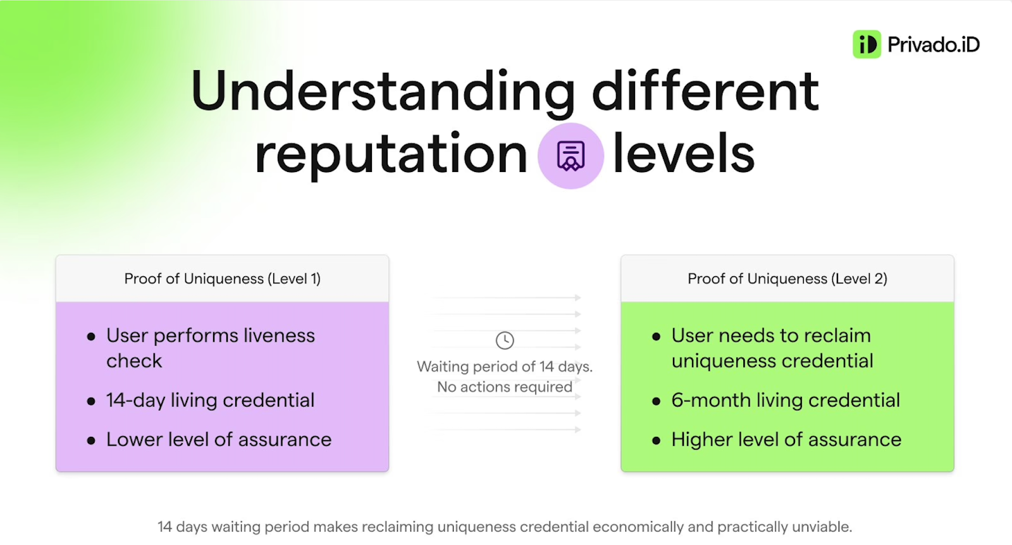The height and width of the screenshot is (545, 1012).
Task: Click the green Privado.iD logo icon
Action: (867, 44)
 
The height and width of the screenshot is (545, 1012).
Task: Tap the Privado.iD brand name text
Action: (934, 45)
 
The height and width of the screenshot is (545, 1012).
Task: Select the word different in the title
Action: (706, 90)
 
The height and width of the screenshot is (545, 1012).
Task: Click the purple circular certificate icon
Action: (571, 156)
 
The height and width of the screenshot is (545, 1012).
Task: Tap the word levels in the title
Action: (684, 152)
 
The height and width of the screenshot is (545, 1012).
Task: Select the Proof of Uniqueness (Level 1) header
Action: (222, 279)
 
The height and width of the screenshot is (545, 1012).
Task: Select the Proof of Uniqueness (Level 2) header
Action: (787, 279)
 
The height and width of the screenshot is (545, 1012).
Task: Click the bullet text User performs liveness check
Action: (211, 348)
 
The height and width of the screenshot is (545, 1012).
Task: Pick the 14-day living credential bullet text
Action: (210, 400)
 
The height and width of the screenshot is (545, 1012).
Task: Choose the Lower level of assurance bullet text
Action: (219, 439)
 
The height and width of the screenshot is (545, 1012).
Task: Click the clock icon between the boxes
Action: (505, 340)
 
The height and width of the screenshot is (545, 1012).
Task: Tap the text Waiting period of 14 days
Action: (505, 367)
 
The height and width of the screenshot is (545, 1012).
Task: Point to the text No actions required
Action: (505, 387)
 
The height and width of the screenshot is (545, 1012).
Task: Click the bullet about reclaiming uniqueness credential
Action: (772, 348)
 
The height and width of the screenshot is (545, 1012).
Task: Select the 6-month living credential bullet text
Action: (786, 400)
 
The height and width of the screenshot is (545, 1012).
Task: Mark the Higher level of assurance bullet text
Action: (786, 439)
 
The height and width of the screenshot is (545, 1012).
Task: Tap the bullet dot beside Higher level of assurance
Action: (656, 440)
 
